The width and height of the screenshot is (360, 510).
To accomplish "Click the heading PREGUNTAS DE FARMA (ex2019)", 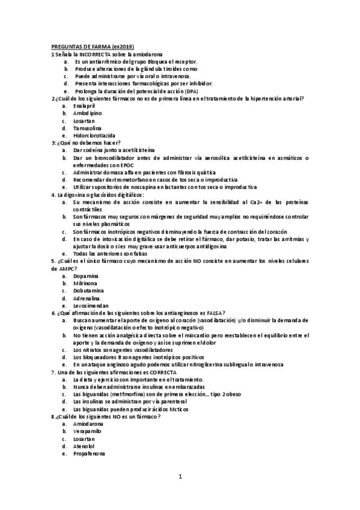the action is click(92, 47).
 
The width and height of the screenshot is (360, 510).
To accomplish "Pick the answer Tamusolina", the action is click(87, 127).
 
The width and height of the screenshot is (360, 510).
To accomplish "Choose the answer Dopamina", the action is click(85, 275).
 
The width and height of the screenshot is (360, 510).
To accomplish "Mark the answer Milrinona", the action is click(85, 283).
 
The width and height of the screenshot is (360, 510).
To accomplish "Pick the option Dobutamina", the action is click(88, 290).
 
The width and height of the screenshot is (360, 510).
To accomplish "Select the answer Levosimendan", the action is click(91, 305).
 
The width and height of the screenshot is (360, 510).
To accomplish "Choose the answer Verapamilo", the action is click(87, 431).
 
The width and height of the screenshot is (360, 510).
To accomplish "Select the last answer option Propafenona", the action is click(89, 453).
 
